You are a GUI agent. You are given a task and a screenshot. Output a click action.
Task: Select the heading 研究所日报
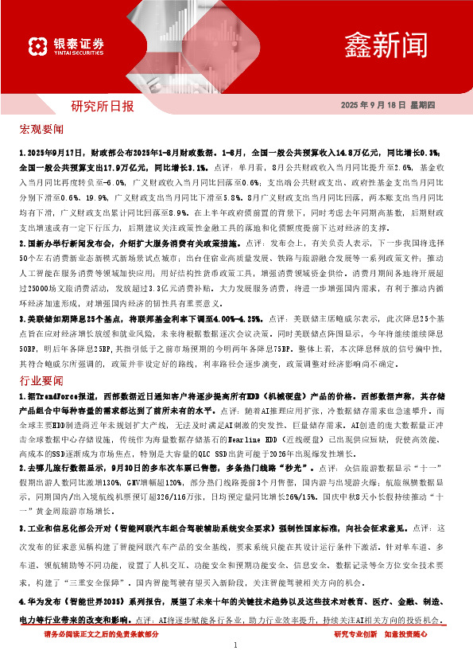tap(103, 105)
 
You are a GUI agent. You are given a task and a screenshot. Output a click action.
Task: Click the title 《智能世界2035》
tap(95, 602)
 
